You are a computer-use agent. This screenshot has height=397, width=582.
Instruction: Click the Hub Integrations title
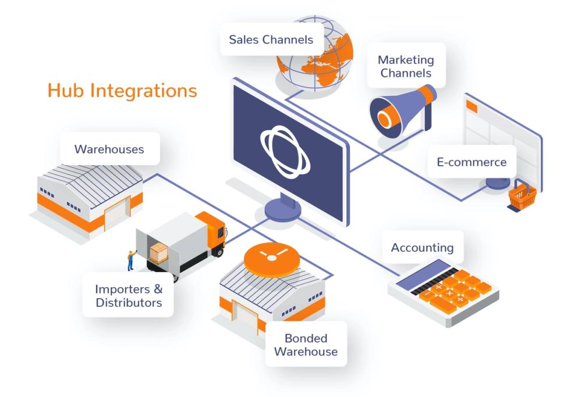pos(122,91)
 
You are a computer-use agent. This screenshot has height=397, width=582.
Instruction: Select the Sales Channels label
pos(271,40)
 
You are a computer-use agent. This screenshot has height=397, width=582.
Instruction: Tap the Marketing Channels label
pos(406,66)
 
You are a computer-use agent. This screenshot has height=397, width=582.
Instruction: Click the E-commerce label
pos(471,162)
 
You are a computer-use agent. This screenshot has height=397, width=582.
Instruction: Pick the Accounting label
pos(422,248)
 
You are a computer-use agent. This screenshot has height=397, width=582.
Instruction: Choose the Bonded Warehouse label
pos(306,345)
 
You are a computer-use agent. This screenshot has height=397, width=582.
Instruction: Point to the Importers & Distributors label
pos(128,295)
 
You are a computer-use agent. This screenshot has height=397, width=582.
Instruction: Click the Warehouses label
pos(109,149)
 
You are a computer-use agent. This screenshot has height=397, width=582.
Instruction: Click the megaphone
pos(402,110)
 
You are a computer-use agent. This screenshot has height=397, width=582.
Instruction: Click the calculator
pos(439,288)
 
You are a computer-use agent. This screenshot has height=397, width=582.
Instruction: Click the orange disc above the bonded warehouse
pos(271,259)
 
